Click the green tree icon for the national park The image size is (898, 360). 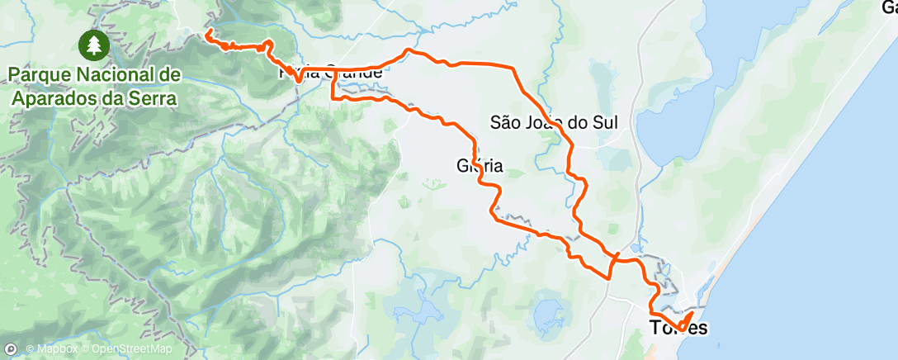click(95, 45)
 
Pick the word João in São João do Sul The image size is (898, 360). click(551, 123)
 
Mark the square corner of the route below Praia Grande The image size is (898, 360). click(333, 97)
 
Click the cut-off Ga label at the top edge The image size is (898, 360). click(889, 8)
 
